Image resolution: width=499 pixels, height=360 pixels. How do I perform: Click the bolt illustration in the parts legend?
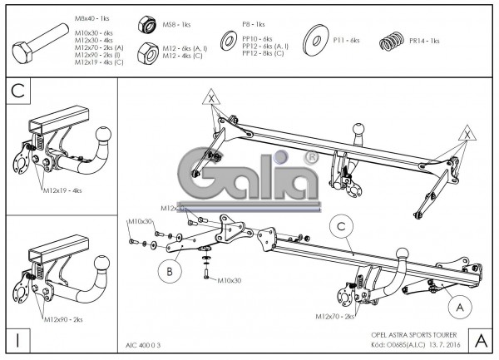tap(40, 42)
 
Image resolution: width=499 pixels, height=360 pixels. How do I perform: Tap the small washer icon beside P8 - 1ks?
tap(226, 40)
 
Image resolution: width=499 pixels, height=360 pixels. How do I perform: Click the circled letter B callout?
tap(169, 270)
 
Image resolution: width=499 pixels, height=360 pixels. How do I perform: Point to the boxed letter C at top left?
tap(18, 91)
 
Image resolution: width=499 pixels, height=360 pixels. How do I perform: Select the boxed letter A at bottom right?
tap(480, 340)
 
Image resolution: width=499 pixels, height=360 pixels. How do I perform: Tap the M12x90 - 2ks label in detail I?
tap(64, 319)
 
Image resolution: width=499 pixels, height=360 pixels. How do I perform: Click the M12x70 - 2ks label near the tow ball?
tap(335, 317)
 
